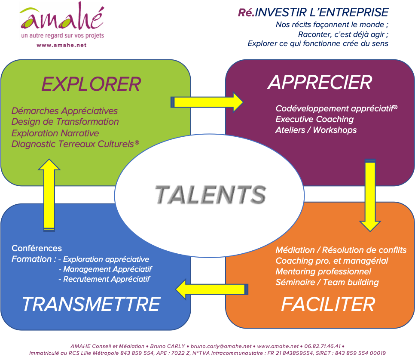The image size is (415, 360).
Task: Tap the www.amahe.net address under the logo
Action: (x=62, y=45)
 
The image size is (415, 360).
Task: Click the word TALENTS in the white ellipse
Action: (x=211, y=195)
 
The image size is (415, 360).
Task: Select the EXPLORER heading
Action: (x=92, y=84)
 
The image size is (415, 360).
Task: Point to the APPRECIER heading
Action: (x=320, y=83)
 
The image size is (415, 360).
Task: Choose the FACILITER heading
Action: (x=328, y=305)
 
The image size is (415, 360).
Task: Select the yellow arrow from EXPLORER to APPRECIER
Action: (x=207, y=102)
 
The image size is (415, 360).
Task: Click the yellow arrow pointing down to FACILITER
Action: (x=370, y=196)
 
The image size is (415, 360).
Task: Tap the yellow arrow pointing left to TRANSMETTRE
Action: (x=212, y=289)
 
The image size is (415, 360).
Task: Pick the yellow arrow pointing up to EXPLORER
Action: (x=49, y=195)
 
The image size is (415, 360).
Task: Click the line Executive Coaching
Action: (x=314, y=119)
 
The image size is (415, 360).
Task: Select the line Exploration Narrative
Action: (x=55, y=133)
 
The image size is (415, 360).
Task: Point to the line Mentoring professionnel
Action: (x=323, y=271)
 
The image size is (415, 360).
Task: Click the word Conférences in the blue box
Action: (x=37, y=248)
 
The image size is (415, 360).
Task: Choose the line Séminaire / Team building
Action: (x=327, y=283)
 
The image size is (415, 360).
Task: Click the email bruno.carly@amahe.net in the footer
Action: (x=221, y=346)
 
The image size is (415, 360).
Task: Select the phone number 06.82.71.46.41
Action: (x=322, y=346)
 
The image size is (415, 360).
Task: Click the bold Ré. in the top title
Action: (x=246, y=12)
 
